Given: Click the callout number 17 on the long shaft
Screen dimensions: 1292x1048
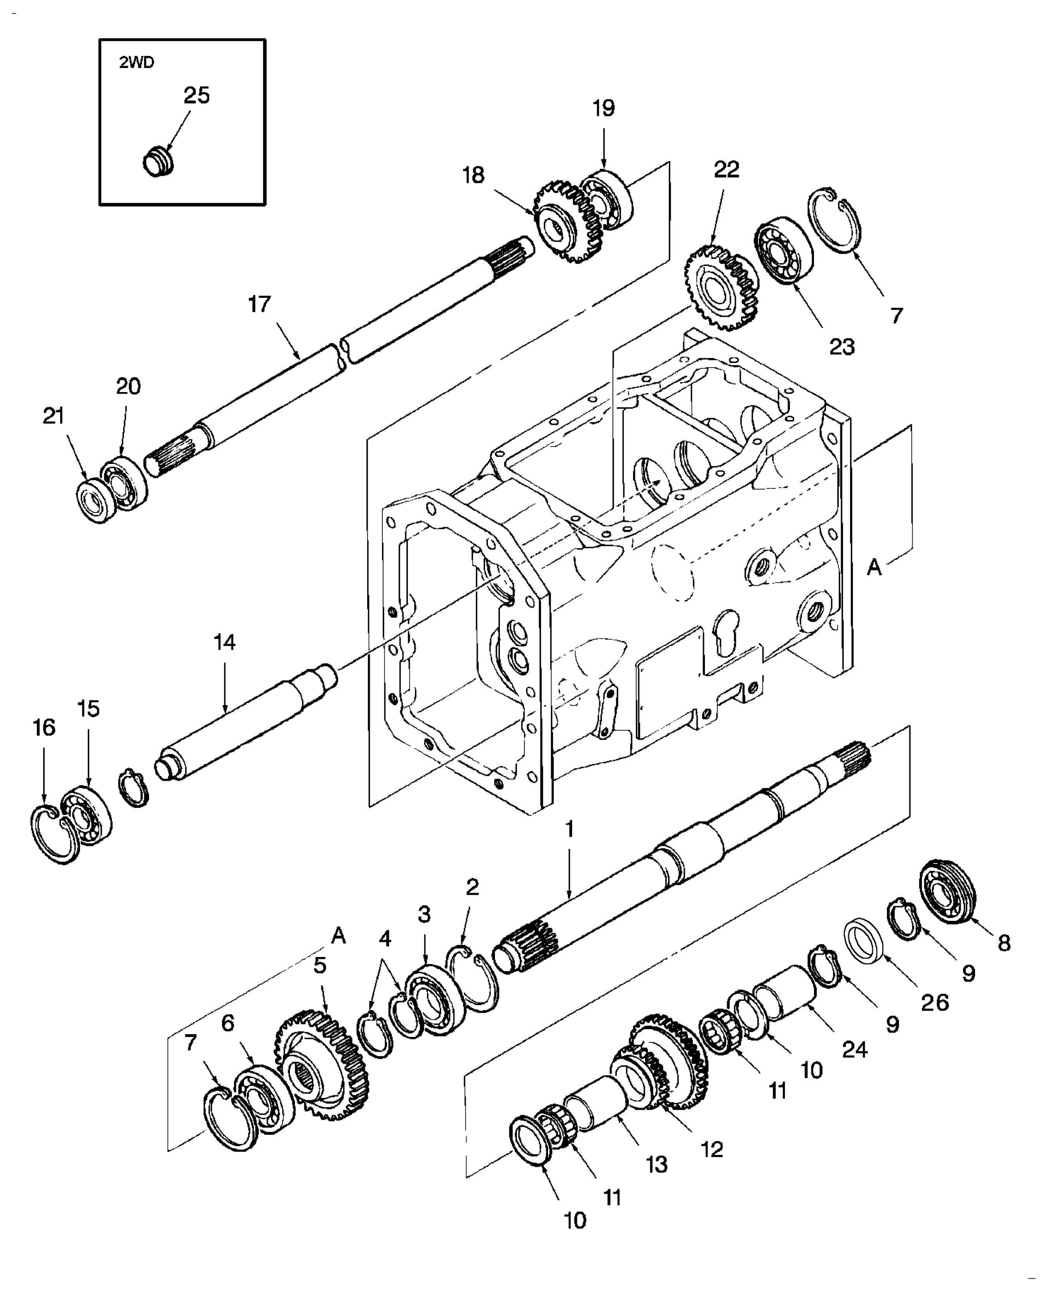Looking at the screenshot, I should [x=260, y=304].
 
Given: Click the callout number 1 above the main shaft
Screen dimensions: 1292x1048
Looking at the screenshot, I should [x=569, y=830].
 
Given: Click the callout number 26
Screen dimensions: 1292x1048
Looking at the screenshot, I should [x=935, y=1003].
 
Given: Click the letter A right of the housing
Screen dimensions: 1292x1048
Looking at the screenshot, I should [x=874, y=568].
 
